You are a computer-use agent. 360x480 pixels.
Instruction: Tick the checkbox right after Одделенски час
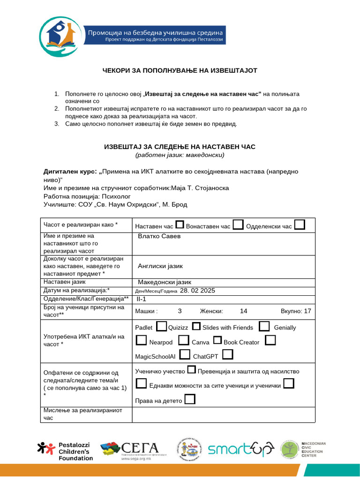(300, 225)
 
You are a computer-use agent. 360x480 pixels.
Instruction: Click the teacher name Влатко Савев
(159, 236)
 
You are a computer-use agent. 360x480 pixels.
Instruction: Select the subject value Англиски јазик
(160, 266)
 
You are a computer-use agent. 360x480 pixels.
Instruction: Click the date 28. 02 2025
(197, 291)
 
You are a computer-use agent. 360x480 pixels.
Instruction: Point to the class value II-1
(141, 299)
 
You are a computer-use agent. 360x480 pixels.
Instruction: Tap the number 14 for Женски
(243, 311)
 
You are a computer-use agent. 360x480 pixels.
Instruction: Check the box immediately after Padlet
(161, 326)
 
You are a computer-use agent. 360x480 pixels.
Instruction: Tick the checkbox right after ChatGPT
(228, 354)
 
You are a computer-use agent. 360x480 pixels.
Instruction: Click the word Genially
(285, 328)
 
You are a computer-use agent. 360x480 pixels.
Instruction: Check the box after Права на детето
(190, 400)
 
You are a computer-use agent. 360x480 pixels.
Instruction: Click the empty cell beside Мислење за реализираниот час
(224, 414)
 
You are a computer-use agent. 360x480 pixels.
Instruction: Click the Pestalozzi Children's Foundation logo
(65, 450)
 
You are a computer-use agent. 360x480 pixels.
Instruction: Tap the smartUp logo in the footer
(240, 450)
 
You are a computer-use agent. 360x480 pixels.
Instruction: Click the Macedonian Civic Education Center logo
(303, 450)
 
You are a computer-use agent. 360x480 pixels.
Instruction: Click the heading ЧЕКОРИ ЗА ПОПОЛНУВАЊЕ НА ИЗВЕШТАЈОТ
(180, 70)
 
